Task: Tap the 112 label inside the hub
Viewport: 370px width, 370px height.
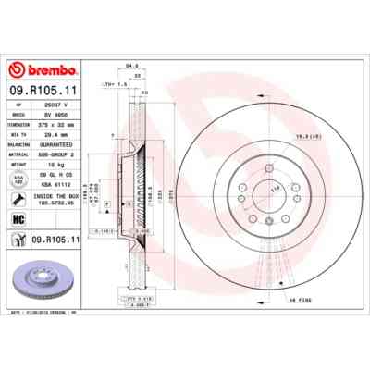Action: [248, 187]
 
